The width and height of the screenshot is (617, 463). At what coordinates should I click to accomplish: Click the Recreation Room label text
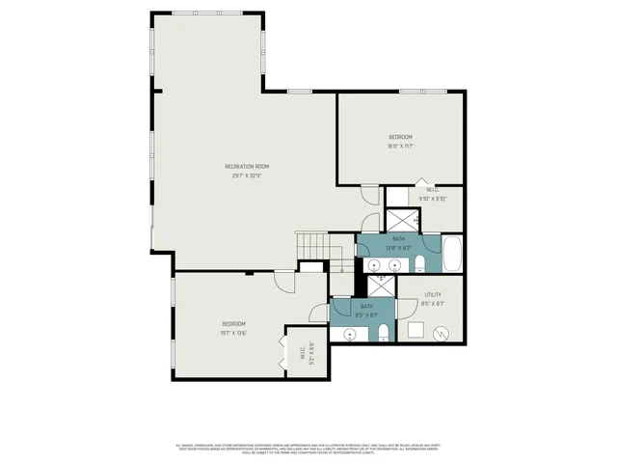coord(247,167)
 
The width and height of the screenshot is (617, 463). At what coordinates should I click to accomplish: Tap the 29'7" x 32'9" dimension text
coord(247,176)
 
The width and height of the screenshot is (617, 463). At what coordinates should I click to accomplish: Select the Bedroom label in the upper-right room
coord(400,137)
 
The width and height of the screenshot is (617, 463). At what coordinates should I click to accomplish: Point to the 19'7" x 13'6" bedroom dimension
coord(235,333)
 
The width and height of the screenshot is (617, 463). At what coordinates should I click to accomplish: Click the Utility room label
coord(433,294)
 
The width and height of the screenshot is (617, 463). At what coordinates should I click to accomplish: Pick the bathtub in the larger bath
coord(453,256)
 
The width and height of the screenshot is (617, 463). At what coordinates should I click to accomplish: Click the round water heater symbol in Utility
coord(442,333)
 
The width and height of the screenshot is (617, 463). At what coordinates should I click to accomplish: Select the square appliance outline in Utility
coord(416,331)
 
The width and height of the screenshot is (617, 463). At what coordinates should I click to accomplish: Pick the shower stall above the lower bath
coord(382,286)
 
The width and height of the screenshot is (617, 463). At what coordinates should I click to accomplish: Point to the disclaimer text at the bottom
coord(308,448)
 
